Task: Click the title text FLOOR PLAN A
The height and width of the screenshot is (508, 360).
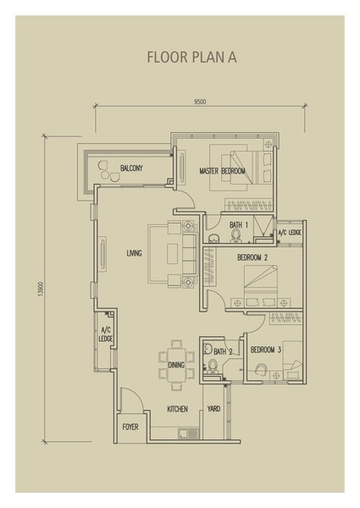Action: click(191, 57)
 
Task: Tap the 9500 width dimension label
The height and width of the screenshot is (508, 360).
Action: click(200, 102)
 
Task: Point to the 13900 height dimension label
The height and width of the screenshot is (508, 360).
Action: click(40, 289)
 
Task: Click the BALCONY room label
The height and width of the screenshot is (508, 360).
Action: click(131, 168)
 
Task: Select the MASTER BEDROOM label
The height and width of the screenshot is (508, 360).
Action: click(222, 171)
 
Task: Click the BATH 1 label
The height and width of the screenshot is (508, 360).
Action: click(239, 224)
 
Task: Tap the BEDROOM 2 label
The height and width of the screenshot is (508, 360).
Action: click(252, 257)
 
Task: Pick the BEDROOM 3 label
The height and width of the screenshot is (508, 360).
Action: click(266, 350)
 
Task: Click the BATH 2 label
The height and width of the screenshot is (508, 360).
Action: click(223, 351)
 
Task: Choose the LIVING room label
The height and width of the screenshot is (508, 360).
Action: click(134, 253)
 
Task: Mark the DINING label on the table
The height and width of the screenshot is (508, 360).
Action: click(176, 365)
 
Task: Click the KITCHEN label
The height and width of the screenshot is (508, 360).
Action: click(178, 409)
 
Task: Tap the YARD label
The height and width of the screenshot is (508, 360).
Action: click(213, 409)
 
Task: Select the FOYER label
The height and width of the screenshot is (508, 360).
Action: click(130, 427)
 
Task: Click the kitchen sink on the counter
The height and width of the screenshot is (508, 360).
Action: click(188, 433)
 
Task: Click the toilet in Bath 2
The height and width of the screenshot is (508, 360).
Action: click(213, 367)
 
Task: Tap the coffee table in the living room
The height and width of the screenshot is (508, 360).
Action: click(173, 254)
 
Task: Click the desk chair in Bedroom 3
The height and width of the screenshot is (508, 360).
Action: click(262, 370)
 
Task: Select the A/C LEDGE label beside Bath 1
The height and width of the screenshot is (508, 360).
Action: click(290, 233)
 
